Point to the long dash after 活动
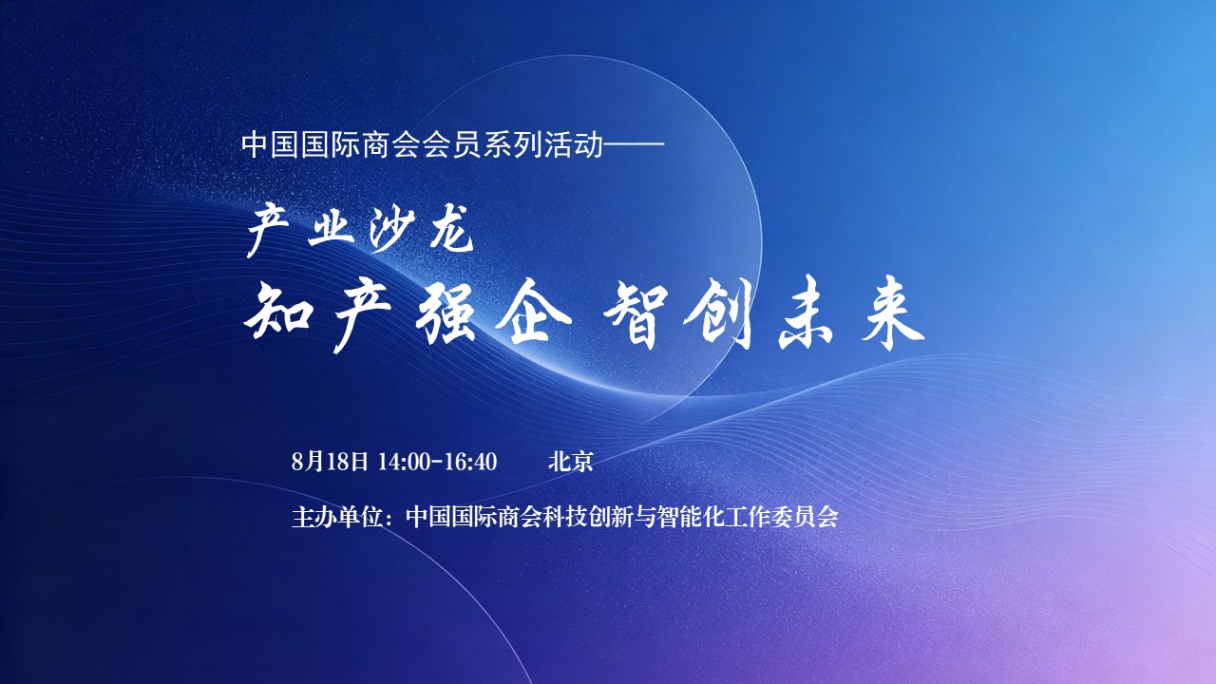pos(634,144)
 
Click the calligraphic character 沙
pos(391,229)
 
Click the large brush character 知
pos(279,313)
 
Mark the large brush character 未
pos(807,313)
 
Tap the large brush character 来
pos(892,313)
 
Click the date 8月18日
pos(330,462)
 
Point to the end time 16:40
pos(470,462)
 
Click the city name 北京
pos(570,462)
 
